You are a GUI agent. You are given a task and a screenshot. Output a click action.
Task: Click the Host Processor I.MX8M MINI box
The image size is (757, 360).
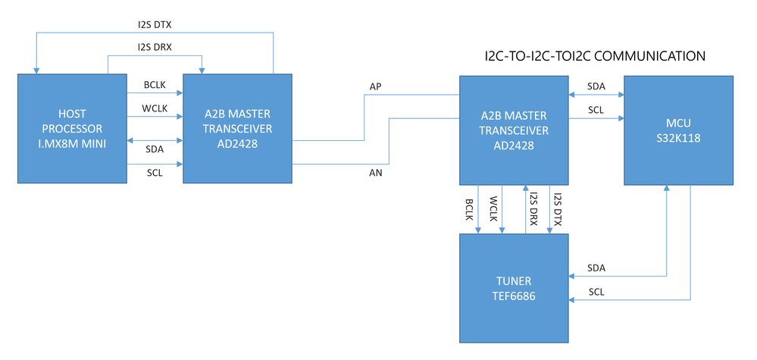point(72,129)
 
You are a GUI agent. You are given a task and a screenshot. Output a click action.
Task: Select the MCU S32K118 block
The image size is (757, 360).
point(678,130)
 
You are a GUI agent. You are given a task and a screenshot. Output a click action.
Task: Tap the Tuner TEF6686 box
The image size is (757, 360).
point(515,288)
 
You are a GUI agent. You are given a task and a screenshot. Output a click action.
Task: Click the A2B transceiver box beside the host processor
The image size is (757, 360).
point(237,129)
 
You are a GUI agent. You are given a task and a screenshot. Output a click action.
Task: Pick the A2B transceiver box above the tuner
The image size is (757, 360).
point(515,130)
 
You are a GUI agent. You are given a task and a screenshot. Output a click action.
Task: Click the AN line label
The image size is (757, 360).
point(376,173)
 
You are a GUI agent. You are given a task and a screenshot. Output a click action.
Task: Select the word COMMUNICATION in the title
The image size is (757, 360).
point(651,56)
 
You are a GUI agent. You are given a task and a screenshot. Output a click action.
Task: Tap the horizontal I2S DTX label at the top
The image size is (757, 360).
point(155,23)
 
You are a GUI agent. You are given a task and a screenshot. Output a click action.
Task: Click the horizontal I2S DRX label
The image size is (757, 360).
point(155,47)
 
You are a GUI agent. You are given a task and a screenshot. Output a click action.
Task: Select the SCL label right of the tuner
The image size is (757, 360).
point(596,292)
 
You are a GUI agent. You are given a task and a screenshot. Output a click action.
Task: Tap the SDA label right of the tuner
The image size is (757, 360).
point(596,268)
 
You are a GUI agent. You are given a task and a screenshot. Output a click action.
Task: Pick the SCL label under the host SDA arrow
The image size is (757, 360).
point(155,174)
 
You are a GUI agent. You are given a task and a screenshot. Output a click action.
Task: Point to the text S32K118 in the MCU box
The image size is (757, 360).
point(678,138)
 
